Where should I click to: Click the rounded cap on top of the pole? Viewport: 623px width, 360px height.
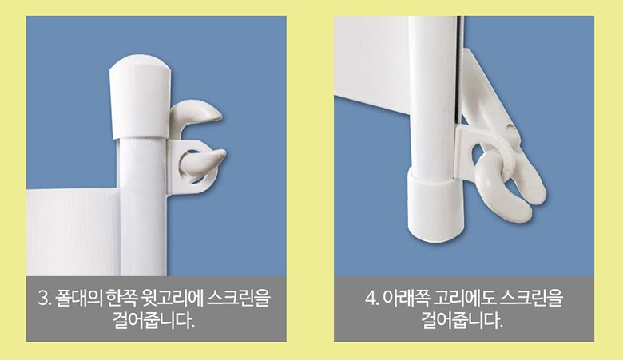(x=141, y=97)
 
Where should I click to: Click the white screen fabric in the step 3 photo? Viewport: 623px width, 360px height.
(x=73, y=232)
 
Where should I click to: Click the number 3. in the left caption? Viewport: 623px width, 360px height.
(x=46, y=298)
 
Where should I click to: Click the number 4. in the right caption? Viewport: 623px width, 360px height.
(x=372, y=298)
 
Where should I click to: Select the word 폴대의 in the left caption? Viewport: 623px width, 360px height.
(x=79, y=298)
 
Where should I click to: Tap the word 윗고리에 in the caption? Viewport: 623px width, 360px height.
(x=172, y=298)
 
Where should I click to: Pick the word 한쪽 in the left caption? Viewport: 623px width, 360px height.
(x=122, y=298)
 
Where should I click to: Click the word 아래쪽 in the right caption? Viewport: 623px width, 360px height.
(x=405, y=298)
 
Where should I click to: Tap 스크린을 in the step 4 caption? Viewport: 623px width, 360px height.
(x=531, y=298)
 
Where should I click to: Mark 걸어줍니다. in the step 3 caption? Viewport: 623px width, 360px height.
(x=154, y=320)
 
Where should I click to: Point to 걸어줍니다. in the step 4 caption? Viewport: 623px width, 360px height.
(x=462, y=320)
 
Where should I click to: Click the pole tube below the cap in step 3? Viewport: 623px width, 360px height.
(x=143, y=207)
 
